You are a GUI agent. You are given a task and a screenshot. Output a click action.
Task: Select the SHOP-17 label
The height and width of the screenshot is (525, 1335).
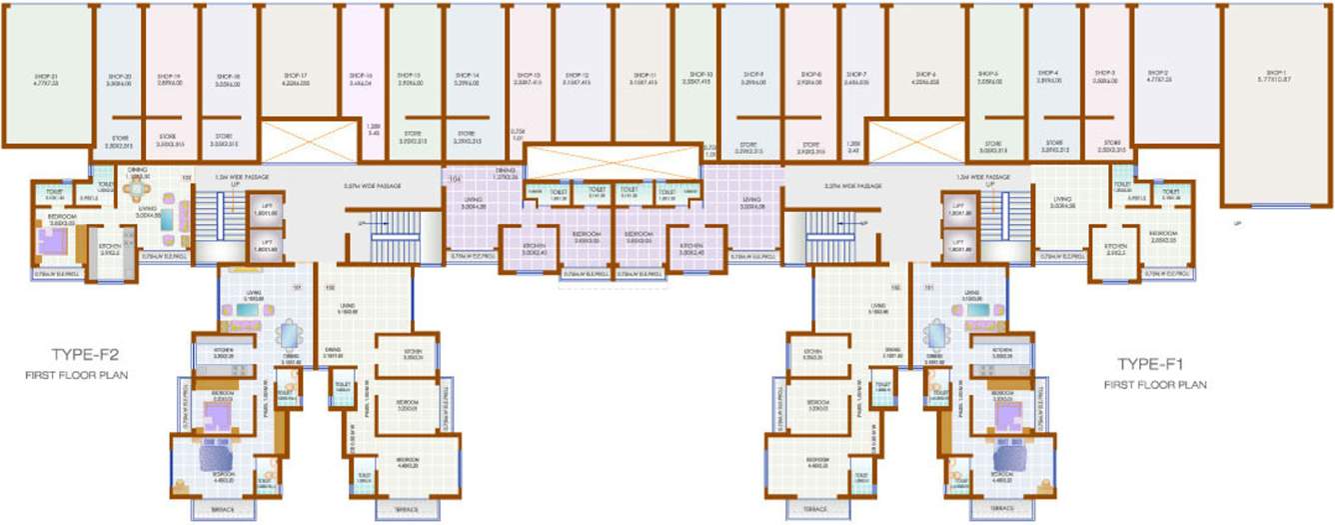[x=295, y=75]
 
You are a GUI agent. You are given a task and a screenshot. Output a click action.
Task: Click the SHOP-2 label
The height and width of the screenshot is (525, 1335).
[x=1159, y=73]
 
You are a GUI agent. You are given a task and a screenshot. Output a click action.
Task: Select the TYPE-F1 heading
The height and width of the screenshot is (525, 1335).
[x=1151, y=364]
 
